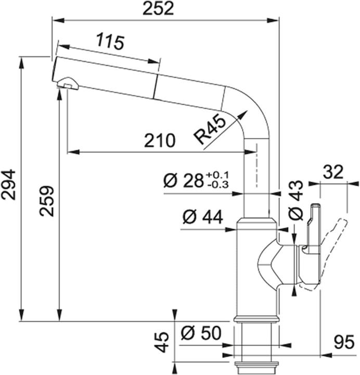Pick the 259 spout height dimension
pyautogui.click(x=47, y=200)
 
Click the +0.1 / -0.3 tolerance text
pyautogui.click(x=217, y=180)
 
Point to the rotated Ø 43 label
pyautogui.click(x=294, y=200)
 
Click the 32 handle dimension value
pyautogui.click(x=333, y=172)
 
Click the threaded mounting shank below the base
pyautogui.click(x=254, y=344)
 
